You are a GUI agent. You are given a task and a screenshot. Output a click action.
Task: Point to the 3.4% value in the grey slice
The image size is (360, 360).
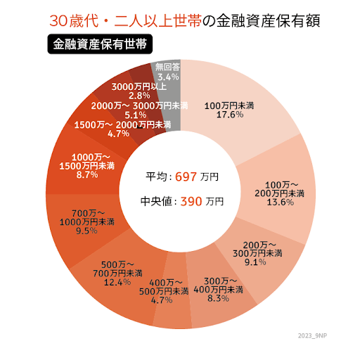(168, 76)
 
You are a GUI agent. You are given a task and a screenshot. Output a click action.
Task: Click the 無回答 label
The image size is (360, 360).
(168, 67)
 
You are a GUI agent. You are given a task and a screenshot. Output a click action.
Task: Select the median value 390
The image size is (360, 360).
(192, 201)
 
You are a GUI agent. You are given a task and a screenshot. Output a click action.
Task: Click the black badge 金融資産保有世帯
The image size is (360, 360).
(100, 44)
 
